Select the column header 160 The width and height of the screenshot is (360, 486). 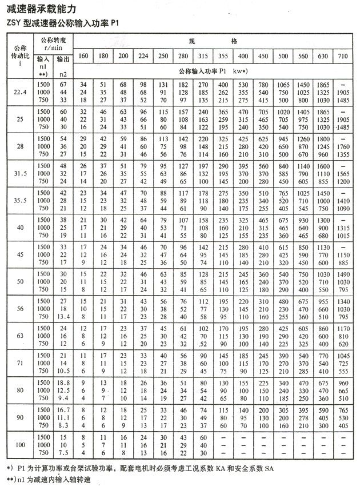(x=83, y=55)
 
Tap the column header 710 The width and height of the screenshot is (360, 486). (x=342, y=55)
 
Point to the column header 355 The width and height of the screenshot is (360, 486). (x=223, y=55)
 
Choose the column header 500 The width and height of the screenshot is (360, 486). (x=283, y=55)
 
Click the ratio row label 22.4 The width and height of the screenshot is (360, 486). (x=20, y=92)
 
